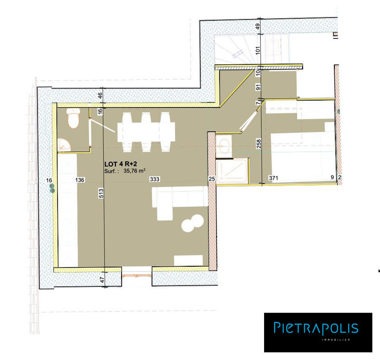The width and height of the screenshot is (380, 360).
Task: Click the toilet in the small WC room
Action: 73,119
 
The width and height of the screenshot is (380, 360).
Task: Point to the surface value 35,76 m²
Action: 134,172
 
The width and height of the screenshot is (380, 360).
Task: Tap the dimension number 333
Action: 154,180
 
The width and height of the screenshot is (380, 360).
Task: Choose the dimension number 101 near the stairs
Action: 258,50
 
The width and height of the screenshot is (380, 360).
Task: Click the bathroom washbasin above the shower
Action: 224,145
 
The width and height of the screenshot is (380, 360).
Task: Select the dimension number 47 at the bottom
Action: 102,280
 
